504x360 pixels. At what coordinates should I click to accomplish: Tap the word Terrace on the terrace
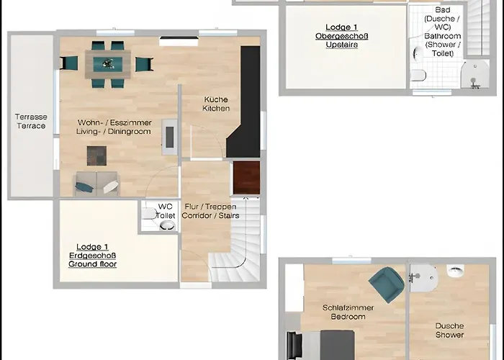[30, 126]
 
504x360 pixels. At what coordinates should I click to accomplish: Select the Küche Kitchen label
[216, 104]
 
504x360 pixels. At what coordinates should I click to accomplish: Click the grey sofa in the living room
[96, 184]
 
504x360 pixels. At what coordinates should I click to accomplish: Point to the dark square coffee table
[96, 156]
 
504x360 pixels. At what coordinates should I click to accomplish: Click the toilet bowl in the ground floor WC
[167, 225]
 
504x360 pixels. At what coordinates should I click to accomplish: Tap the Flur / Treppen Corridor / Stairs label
[212, 211]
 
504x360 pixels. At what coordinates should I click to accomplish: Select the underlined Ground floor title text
[92, 264]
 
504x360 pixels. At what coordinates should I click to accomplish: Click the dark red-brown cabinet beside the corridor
[246, 178]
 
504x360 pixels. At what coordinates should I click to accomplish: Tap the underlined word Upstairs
[336, 45]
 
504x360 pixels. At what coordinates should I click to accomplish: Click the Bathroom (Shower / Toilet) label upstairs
[442, 36]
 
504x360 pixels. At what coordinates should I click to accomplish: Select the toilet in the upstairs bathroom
[417, 76]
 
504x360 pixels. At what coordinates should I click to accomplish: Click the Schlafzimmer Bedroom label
[348, 312]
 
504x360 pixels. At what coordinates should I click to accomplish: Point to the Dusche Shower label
[449, 330]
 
